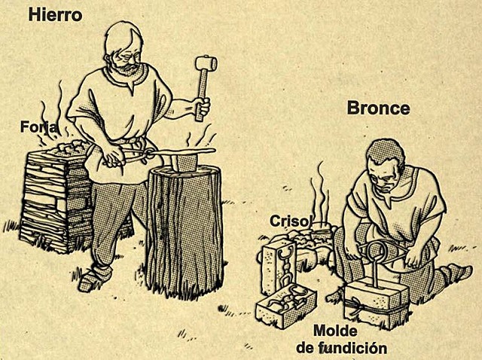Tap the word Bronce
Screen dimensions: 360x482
click(x=378, y=108)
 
